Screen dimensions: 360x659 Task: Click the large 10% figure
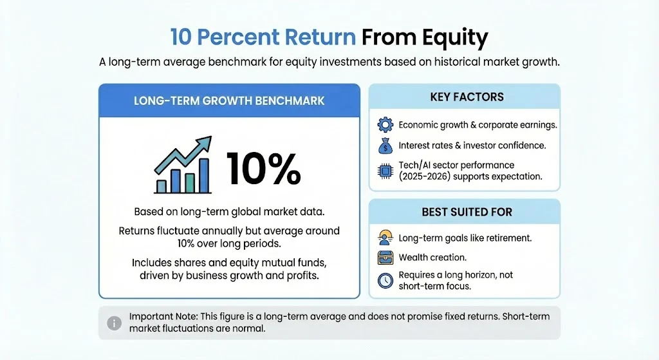264,171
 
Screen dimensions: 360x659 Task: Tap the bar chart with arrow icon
183,166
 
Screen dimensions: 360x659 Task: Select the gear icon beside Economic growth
384,125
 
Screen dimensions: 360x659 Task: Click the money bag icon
384,146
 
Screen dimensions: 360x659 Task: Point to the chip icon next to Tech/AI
384,171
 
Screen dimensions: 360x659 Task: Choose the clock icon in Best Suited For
384,281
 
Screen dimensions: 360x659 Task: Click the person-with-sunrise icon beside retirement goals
384,238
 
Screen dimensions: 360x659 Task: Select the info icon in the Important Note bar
114,323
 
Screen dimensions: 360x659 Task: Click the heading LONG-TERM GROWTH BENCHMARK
229,100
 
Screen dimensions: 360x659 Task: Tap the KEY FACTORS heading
467,97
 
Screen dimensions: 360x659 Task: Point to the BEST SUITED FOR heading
467,212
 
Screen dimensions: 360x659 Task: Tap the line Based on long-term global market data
229,212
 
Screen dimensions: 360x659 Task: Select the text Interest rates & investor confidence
472,146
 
